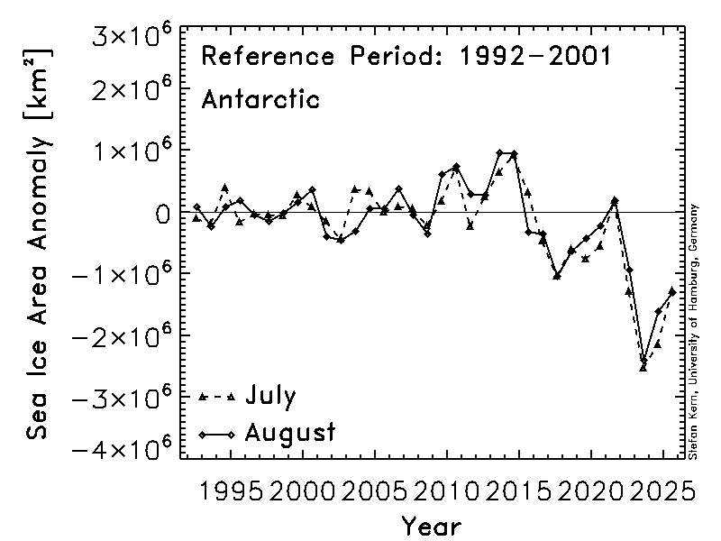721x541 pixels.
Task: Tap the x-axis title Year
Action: (432, 525)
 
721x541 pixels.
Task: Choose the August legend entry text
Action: (290, 432)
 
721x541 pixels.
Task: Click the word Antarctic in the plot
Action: (260, 98)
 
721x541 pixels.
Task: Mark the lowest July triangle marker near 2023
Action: (643, 366)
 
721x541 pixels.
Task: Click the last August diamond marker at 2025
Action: (672, 290)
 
